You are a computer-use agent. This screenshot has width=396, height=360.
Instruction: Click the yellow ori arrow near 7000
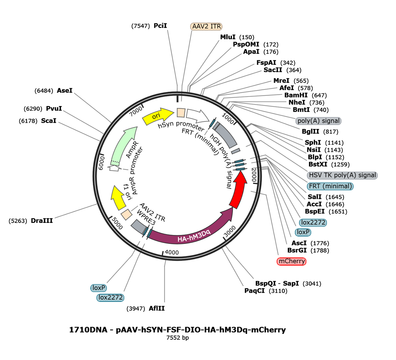(x=158, y=116)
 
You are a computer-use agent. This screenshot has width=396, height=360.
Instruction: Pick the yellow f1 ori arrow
(x=118, y=197)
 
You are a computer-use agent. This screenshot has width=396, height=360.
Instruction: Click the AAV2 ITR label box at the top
(x=206, y=26)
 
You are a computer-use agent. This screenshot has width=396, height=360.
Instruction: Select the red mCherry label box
(x=291, y=261)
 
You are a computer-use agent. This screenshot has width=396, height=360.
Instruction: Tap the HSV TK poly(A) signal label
(x=342, y=175)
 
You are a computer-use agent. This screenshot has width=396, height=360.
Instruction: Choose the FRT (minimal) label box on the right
(x=330, y=186)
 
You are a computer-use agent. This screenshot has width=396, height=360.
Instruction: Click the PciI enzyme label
(x=160, y=26)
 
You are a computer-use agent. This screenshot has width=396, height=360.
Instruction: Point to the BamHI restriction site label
(x=296, y=95)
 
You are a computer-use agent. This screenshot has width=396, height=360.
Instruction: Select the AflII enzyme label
(x=157, y=308)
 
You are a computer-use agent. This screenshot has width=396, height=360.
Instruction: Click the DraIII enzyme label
(x=42, y=221)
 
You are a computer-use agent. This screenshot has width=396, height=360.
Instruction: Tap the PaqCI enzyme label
(x=254, y=291)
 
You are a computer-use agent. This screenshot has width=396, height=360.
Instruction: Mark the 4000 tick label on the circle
(x=172, y=252)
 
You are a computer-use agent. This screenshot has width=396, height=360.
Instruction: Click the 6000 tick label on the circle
(x=101, y=163)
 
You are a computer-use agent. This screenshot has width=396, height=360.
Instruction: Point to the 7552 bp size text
(x=177, y=338)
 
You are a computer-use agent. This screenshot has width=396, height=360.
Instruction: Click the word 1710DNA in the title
(x=88, y=330)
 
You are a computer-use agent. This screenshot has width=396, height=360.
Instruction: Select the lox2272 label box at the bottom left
(x=110, y=297)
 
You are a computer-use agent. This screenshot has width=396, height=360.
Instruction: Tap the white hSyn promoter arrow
(x=197, y=115)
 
